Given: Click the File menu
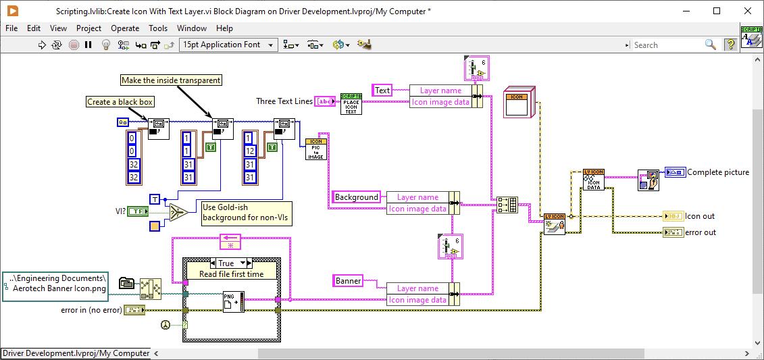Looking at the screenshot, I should tap(11, 28).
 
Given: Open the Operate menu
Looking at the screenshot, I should tap(125, 28).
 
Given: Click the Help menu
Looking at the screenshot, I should tap(224, 28).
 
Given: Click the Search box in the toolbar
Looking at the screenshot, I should tap(666, 45).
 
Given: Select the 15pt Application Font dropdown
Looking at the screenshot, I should tap(228, 45).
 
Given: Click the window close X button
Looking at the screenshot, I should tap(747, 11).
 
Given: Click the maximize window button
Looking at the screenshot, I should tap(717, 11).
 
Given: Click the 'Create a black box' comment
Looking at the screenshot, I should tap(120, 102).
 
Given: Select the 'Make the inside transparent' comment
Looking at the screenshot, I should tap(171, 80).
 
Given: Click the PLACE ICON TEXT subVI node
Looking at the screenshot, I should tap(351, 103).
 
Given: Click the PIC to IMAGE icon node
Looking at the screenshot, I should tap(315, 149).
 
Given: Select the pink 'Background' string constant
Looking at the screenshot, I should tap(356, 197).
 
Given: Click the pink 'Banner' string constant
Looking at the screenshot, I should tap(348, 280).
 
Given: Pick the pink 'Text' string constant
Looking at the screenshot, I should tap(382, 91).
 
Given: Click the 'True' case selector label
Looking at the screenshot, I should tap(226, 263).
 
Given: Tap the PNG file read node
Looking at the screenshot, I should tap(233, 301).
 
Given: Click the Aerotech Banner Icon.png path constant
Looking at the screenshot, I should tap(55, 282).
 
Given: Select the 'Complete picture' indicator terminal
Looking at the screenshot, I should tap(675, 172).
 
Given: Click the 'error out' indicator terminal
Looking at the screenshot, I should tap(673, 232).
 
